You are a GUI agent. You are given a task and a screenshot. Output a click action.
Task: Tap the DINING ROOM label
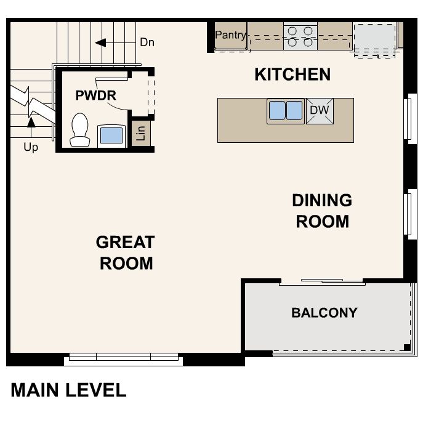coord(322,211)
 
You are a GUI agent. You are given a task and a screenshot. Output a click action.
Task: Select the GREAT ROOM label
coord(126,252)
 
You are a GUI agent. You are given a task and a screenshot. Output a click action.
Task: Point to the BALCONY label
coord(324,313)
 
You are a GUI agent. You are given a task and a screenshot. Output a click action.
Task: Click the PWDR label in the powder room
coord(95,95)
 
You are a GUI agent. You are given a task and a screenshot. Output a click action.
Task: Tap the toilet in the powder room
coord(79,130)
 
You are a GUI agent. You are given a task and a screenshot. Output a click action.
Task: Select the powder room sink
coord(110,134)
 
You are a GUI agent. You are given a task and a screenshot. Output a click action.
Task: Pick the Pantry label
coord(230,35)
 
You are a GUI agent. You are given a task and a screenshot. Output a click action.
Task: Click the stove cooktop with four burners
coord(300,35)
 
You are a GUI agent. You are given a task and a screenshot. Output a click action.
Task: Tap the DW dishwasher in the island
coord(320,111)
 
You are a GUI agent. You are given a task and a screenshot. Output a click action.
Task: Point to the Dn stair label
coord(147,42)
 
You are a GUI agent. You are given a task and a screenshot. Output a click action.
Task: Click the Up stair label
coord(31,147)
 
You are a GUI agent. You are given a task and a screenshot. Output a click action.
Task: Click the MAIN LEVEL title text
coord(68,390)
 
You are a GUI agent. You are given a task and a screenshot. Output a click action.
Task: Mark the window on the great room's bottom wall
coord(124,357)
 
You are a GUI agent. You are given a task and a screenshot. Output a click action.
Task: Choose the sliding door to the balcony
coord(322,282)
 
